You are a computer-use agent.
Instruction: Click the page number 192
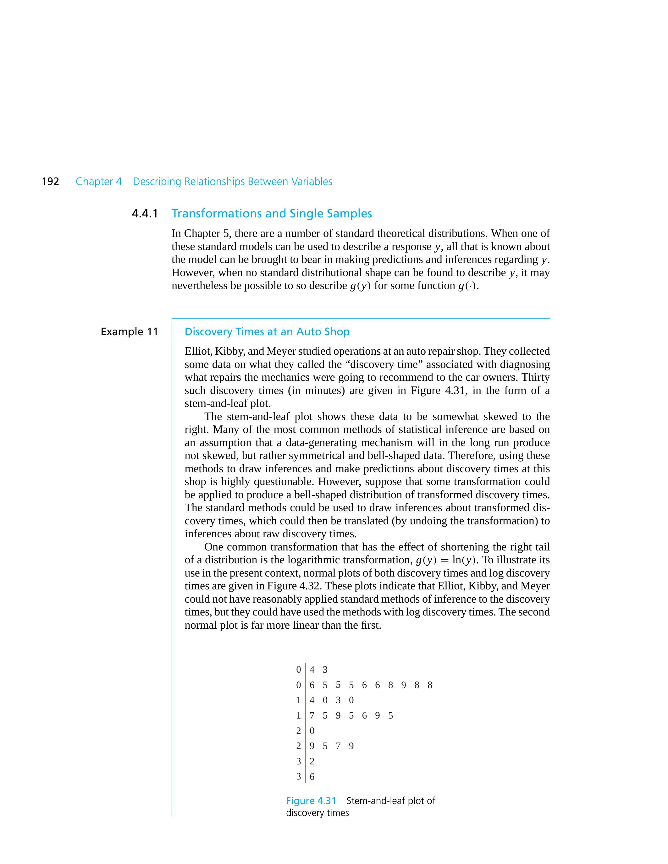[50, 182]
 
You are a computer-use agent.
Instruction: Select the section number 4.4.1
[145, 214]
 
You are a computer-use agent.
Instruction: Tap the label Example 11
[130, 331]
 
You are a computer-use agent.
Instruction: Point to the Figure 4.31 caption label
[311, 801]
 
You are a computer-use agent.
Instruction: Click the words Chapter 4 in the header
[98, 182]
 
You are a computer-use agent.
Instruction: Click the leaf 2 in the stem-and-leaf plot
[312, 762]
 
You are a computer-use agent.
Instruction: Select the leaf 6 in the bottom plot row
[312, 777]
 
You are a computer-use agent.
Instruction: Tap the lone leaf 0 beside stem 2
[312, 731]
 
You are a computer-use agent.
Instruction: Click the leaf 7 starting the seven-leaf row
[312, 716]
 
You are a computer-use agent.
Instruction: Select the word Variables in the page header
[312, 182]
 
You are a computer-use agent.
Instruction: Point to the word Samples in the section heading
[351, 214]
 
